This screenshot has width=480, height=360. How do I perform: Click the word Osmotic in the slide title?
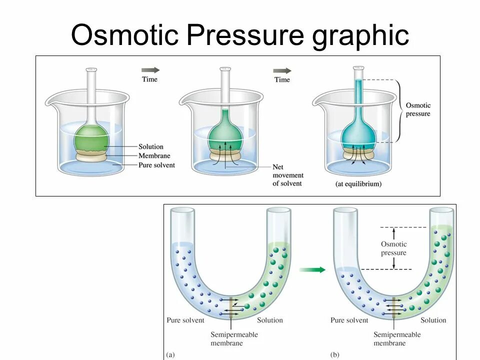point(123,35)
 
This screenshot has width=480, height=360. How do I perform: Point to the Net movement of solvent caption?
point(287,175)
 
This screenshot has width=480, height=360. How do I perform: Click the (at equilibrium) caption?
point(358,184)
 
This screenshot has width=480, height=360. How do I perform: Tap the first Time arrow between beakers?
point(150,70)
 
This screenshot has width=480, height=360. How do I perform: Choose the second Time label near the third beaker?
point(282,79)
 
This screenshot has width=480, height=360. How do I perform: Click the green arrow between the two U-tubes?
point(312,270)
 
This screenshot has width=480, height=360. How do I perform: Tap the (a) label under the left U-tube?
point(171,355)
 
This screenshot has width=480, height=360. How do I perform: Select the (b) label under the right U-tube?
point(335,355)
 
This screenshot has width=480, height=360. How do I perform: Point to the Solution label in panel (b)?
point(433,320)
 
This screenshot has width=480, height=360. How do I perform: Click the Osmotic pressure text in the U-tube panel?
point(394,248)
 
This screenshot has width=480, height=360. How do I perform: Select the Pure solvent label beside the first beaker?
point(156,164)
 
